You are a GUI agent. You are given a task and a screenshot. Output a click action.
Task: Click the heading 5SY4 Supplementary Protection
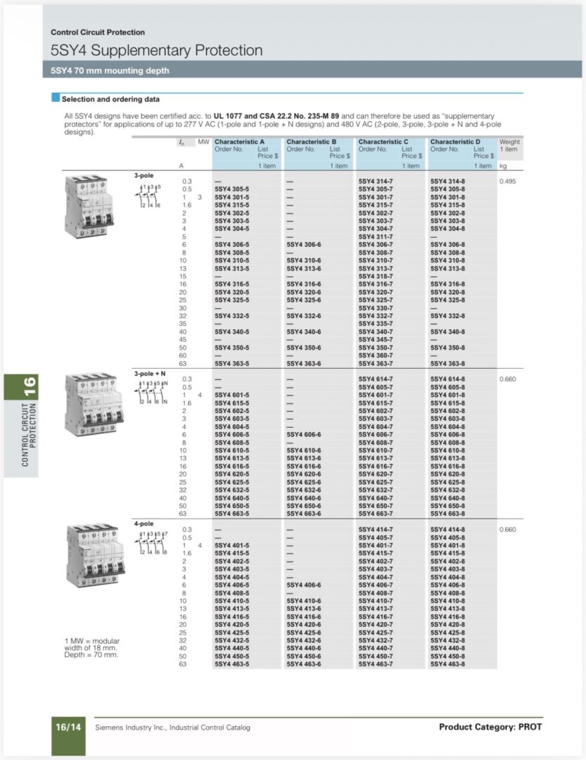click(156, 51)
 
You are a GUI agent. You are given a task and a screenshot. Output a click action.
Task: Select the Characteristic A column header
click(240, 141)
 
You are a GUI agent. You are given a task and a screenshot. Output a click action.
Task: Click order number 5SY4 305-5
click(231, 189)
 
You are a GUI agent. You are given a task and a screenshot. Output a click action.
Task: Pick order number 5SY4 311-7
click(376, 236)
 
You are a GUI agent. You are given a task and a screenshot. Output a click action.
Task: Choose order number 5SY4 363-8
click(447, 363)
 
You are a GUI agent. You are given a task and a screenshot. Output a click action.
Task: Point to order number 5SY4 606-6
click(303, 434)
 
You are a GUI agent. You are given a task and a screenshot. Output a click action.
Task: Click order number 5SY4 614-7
click(376, 379)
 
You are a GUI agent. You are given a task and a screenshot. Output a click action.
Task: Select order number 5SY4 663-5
click(231, 514)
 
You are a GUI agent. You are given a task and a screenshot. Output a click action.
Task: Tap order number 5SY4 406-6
click(303, 585)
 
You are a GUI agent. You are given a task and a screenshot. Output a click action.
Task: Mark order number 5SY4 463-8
click(447, 664)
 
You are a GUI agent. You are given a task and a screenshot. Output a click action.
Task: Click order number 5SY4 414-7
click(376, 529)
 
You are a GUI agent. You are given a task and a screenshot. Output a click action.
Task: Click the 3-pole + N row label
click(150, 372)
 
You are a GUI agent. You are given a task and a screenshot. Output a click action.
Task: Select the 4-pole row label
click(144, 523)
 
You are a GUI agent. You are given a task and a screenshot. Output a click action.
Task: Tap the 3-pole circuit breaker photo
click(86, 207)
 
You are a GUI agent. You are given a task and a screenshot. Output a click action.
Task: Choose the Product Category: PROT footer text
click(490, 727)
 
